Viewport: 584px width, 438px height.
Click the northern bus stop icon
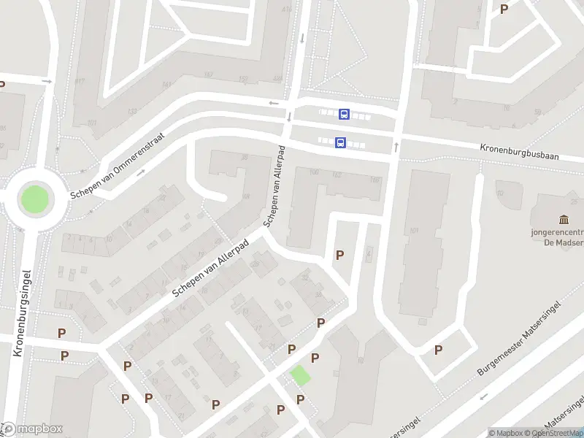(344, 114)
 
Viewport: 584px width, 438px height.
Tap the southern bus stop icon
(340, 143)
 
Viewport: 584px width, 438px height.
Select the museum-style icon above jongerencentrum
(564, 220)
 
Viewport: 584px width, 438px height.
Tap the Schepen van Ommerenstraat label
(118, 166)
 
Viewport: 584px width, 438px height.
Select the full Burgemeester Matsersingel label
(519, 337)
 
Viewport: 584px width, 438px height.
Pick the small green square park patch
(299, 376)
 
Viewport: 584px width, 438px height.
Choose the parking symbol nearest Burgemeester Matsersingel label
(439, 350)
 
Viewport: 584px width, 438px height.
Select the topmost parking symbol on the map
(504, 9)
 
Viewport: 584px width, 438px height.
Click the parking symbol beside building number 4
(339, 255)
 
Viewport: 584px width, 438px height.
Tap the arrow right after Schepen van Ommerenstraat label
(141, 172)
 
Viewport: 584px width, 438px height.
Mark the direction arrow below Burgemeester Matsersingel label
(483, 398)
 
